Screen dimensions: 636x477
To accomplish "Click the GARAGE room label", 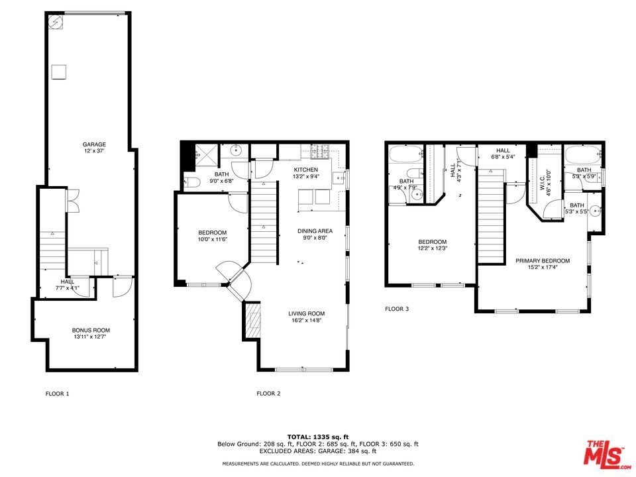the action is [x=94, y=144].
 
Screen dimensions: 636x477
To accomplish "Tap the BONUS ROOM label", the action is [x=91, y=330].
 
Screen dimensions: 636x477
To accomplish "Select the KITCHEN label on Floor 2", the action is [x=306, y=170].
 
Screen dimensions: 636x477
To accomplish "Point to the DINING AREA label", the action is [x=315, y=231].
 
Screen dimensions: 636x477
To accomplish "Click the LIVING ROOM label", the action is [x=307, y=313].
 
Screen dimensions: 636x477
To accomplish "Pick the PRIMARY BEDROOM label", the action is [x=543, y=261].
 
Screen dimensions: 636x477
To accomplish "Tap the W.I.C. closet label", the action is [x=543, y=183].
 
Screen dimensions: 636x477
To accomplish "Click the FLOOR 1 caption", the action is [x=57, y=394].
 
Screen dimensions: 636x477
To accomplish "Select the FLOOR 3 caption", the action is [x=397, y=309].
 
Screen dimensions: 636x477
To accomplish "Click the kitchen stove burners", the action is [x=321, y=151].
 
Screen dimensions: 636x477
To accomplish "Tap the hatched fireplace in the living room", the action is [x=254, y=321].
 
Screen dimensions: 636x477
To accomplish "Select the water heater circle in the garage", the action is [x=56, y=22].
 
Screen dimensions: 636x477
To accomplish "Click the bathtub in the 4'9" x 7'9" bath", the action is [x=406, y=154].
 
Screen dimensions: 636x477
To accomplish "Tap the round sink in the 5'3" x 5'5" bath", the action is [x=595, y=211].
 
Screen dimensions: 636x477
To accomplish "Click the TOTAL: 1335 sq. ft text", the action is [x=318, y=437].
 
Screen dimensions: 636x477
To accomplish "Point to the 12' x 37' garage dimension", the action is [x=95, y=151].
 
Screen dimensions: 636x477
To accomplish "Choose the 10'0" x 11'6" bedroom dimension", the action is [x=212, y=239].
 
